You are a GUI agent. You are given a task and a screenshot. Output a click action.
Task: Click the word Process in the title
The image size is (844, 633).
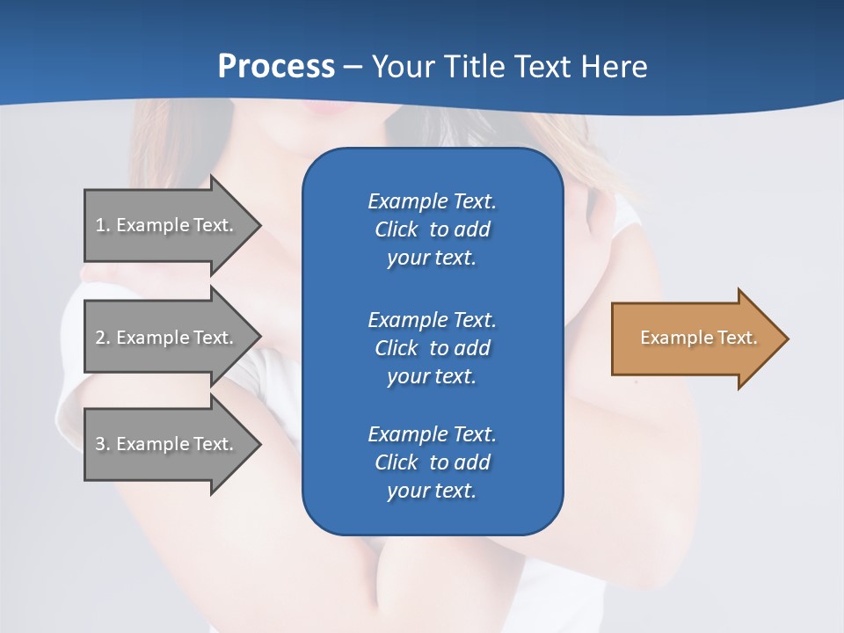tap(276, 67)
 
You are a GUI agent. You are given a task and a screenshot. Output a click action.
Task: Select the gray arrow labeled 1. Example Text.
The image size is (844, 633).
tap(167, 225)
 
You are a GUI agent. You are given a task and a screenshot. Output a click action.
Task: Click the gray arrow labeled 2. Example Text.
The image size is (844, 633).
tap(167, 338)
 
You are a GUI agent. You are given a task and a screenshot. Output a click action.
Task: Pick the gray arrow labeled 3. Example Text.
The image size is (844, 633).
tap(167, 444)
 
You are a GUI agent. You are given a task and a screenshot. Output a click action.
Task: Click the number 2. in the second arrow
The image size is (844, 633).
tap(103, 338)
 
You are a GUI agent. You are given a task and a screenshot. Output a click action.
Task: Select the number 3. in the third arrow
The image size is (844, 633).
tap(103, 444)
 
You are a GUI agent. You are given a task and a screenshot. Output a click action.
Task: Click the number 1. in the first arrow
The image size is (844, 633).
tap(103, 225)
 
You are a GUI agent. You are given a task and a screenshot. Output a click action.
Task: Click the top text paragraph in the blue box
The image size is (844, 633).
tap(432, 229)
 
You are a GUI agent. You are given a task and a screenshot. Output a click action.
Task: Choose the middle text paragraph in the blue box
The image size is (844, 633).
tap(432, 347)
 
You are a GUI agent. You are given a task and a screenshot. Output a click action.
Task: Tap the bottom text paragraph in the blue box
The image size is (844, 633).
tap(432, 462)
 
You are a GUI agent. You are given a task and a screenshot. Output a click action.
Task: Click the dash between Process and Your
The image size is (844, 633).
tap(353, 68)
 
